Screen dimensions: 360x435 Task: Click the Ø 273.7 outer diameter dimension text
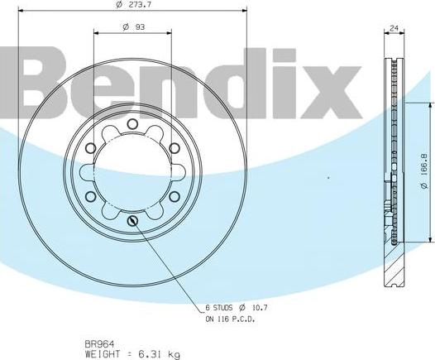(132, 6)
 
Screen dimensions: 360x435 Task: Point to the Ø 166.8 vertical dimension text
(423, 171)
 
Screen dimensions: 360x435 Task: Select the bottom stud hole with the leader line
(132, 220)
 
